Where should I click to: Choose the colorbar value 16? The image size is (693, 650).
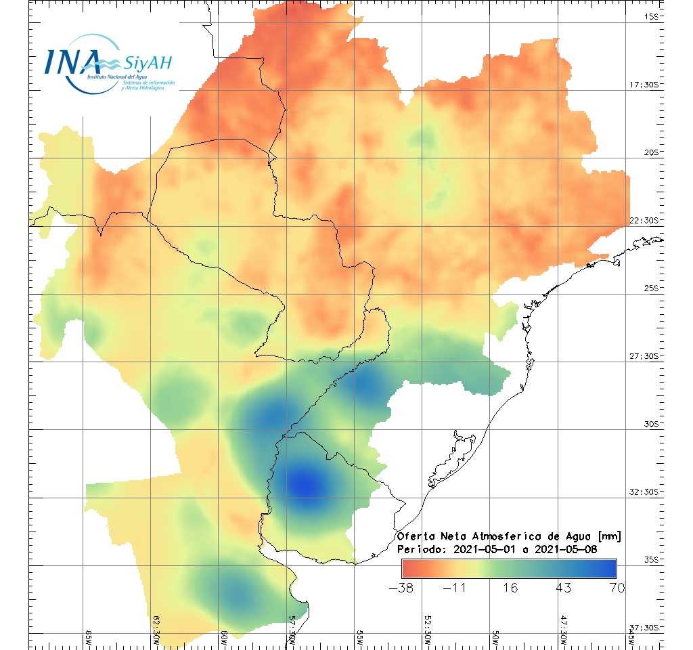tap(510, 587)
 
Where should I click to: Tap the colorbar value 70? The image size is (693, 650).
tap(617, 587)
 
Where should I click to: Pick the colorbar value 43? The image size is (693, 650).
tap(563, 587)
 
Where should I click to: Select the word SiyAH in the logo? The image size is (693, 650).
tap(148, 64)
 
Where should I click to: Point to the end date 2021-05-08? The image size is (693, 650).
tap(565, 549)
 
